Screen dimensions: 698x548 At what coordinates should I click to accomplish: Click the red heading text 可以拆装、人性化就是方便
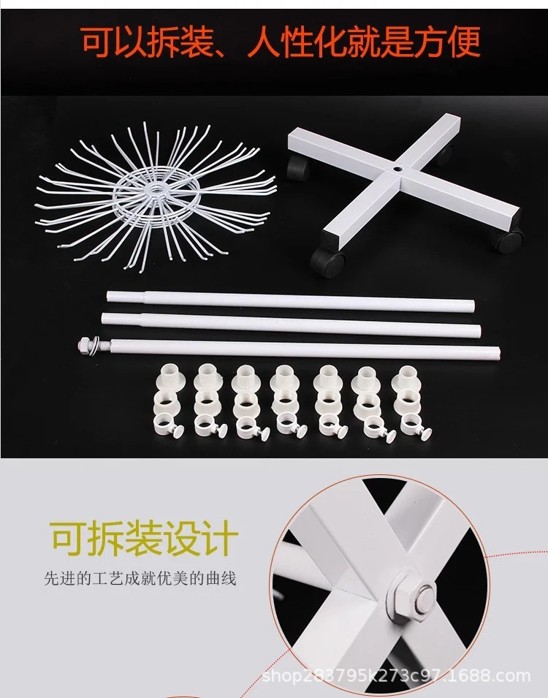tap(281, 42)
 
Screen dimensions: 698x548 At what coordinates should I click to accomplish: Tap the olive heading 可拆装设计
tap(144, 539)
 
